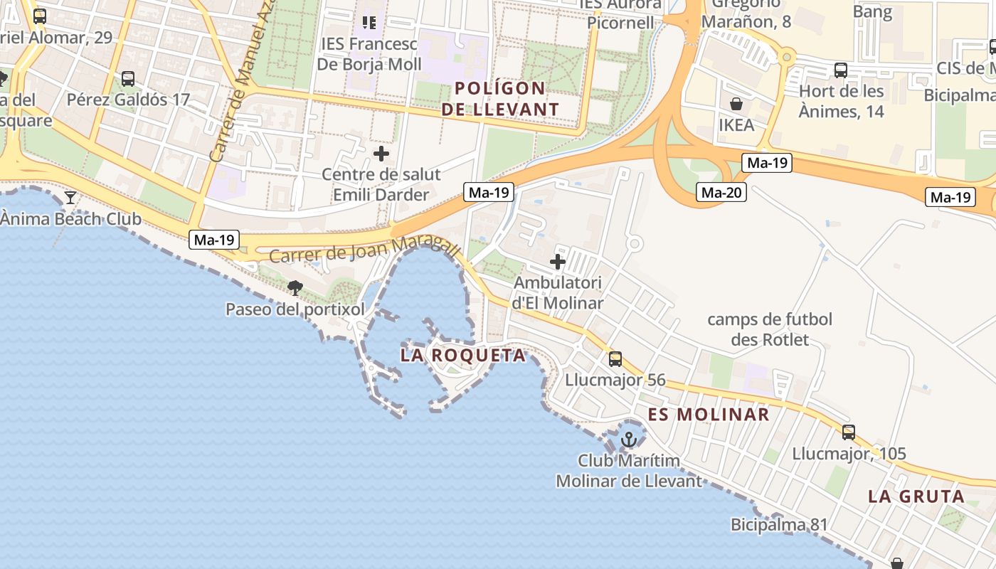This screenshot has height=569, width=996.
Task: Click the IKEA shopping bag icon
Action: (736, 105)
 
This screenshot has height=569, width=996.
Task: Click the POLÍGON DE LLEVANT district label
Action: (500, 99)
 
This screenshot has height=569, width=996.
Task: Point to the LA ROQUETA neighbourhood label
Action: (463, 355)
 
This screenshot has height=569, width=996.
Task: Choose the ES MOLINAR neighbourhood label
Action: (709, 415)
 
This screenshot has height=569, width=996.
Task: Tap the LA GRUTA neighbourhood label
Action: (916, 496)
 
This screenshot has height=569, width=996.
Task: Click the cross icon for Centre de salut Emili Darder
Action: (381, 154)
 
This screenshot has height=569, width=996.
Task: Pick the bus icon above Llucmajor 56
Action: (615, 359)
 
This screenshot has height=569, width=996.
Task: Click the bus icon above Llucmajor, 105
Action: (849, 432)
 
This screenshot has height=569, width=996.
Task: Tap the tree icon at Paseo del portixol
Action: (295, 288)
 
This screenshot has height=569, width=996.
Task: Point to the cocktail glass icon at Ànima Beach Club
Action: (70, 197)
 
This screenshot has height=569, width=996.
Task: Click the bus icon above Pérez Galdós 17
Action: (128, 79)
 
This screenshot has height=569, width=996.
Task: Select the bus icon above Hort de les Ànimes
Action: (841, 70)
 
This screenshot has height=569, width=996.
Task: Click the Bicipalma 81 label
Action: (779, 525)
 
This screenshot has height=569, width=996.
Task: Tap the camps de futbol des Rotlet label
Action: (770, 329)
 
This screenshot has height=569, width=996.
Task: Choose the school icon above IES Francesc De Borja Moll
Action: (369, 23)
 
